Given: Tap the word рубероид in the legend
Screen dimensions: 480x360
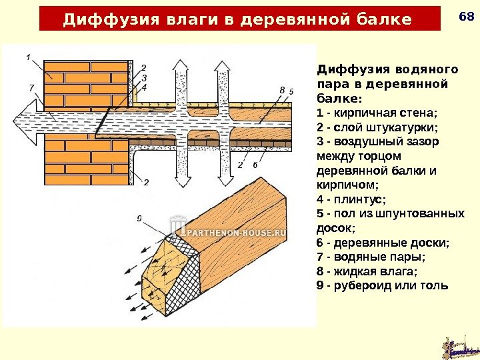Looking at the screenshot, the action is [x=364, y=285].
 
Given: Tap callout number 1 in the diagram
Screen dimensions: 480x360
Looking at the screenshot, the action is [x=29, y=57].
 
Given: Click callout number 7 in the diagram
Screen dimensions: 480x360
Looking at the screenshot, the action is [x=32, y=87].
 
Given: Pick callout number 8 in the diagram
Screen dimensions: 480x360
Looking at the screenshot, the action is [x=283, y=89].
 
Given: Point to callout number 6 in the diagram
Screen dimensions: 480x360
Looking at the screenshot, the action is [x=255, y=164].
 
